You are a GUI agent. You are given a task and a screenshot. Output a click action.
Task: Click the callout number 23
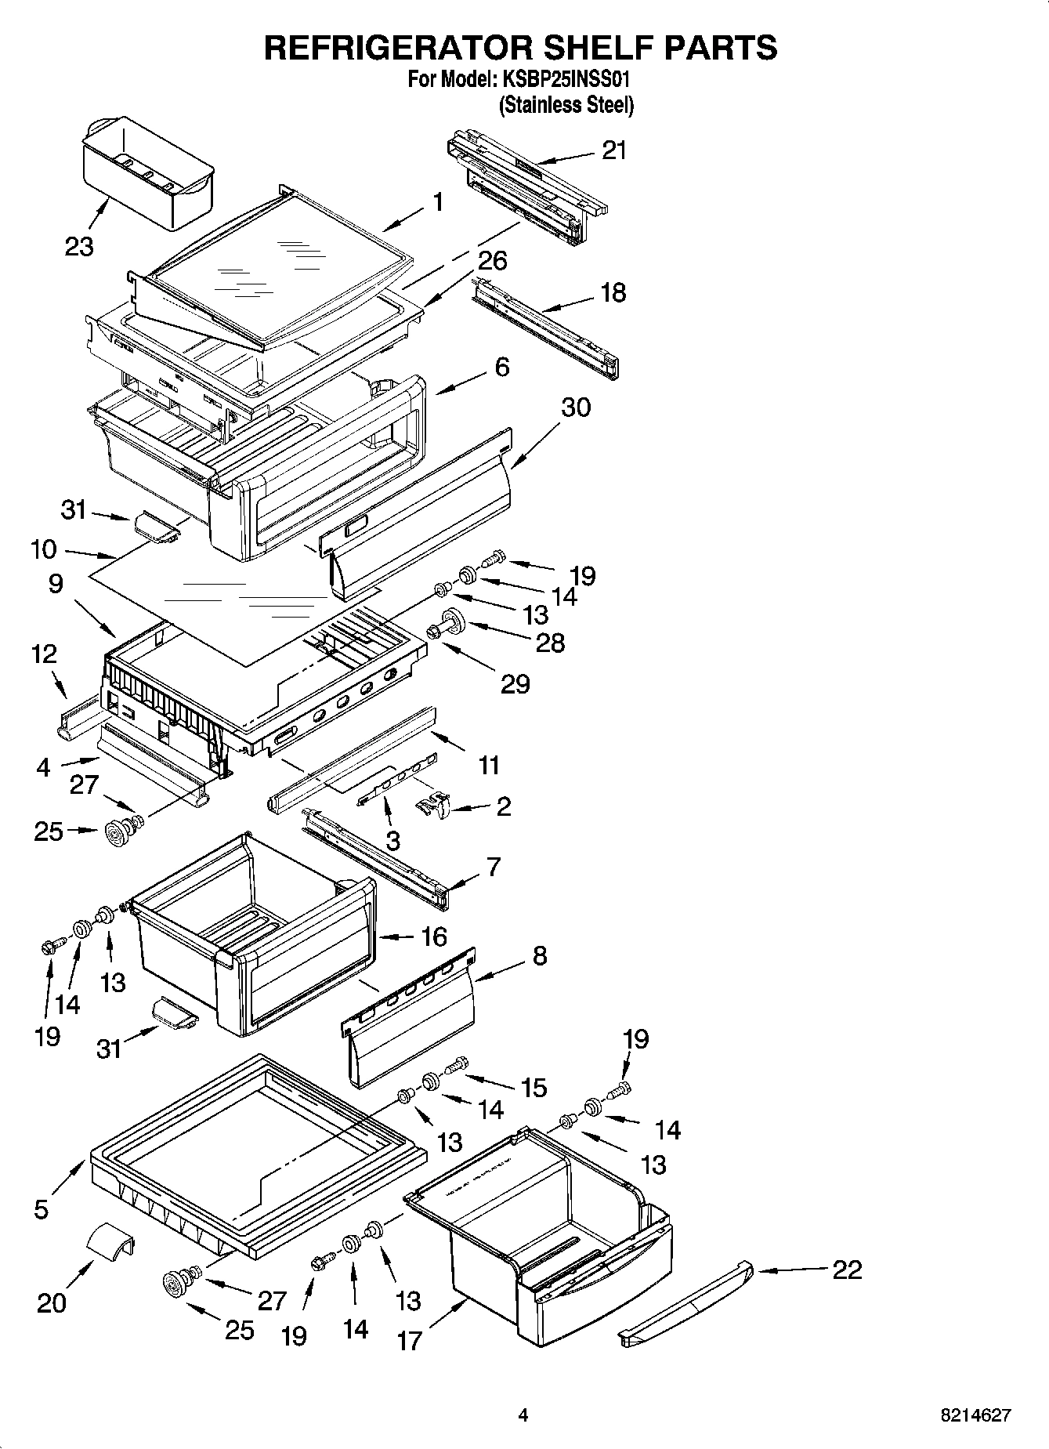click(x=79, y=247)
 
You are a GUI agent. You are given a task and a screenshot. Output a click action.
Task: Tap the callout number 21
click(x=614, y=150)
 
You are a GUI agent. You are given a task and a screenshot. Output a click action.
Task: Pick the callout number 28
click(x=549, y=643)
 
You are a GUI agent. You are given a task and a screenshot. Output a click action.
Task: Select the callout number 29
click(x=515, y=684)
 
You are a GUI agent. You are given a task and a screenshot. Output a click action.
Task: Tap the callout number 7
click(x=493, y=867)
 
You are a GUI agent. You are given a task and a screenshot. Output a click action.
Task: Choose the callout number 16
click(x=433, y=936)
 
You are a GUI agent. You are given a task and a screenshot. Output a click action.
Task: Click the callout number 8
click(x=539, y=955)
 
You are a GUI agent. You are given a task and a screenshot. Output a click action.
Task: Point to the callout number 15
click(x=534, y=1087)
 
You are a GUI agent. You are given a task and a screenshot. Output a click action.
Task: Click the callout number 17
click(x=409, y=1341)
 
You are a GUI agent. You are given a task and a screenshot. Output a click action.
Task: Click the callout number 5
click(x=41, y=1209)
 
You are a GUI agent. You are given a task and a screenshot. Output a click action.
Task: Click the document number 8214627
click(x=975, y=1415)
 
